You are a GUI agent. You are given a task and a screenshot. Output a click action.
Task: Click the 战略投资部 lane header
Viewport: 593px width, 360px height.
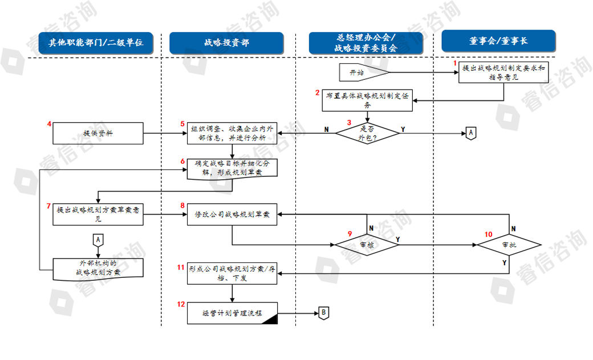pos(226,43)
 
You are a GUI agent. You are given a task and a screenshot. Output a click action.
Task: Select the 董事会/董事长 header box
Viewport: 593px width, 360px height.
pos(498,41)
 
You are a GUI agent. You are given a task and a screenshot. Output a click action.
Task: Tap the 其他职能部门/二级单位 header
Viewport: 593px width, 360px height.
pos(95,43)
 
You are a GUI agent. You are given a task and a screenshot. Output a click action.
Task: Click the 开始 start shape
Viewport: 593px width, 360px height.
pos(359,72)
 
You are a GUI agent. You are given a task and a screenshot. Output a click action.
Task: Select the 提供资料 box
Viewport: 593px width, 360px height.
pos(99,134)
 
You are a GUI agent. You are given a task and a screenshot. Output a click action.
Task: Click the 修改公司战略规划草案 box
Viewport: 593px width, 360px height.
pos(232,216)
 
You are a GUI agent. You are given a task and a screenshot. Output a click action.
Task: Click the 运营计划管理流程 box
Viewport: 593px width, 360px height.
pos(232,313)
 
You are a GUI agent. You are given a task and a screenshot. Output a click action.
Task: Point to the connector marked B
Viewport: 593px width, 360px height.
pos(324,313)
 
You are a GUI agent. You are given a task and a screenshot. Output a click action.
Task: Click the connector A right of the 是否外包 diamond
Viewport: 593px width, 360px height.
pos(470,132)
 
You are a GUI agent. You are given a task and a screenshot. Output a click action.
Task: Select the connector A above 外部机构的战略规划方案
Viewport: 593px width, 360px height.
pos(98,240)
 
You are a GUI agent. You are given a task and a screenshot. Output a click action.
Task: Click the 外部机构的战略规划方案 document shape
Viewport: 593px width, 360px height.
pos(98,268)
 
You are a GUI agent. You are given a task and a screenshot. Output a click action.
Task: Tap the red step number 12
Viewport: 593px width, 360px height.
pos(181,304)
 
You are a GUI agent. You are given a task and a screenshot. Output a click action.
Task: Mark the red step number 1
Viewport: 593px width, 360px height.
pos(455,64)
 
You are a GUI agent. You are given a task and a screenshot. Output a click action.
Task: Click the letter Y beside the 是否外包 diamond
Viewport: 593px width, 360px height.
pos(403,130)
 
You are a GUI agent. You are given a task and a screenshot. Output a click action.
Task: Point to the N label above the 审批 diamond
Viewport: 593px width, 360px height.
pos(513,228)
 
